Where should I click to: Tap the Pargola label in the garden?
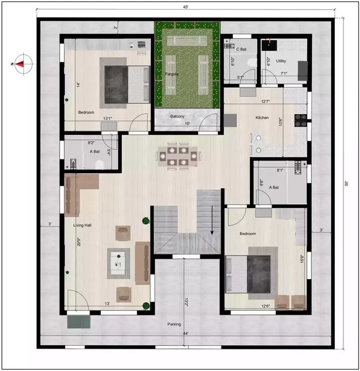(172, 74)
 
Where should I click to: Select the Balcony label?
(177, 116)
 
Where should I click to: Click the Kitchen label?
(262, 118)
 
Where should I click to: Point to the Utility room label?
(281, 47)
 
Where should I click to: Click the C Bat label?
(241, 49)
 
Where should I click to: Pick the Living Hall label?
(82, 225)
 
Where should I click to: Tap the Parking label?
(174, 324)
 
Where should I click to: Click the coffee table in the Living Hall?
(121, 262)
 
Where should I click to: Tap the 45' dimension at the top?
(186, 8)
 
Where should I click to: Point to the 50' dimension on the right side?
(346, 183)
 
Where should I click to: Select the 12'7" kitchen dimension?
(266, 101)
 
